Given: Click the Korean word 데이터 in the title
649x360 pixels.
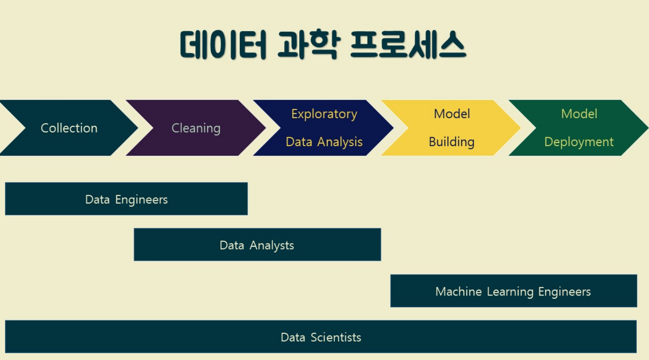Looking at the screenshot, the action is (223, 45).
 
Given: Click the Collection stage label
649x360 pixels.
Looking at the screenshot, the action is (69, 128).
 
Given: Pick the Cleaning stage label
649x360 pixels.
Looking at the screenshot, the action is (196, 128).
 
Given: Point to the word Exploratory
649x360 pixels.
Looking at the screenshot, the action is (324, 114).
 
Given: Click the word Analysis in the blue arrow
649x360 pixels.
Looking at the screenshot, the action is (340, 142).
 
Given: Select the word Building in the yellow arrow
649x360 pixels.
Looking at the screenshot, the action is (451, 142).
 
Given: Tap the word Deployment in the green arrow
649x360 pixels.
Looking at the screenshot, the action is (579, 142).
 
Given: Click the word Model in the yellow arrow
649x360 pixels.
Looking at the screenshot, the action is (452, 114).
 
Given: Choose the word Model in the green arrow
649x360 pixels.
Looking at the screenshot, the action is (579, 114).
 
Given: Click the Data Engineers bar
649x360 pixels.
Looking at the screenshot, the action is (126, 198).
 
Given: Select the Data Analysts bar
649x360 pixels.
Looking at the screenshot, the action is (257, 245).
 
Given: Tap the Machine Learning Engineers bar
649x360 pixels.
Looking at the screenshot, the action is (514, 291).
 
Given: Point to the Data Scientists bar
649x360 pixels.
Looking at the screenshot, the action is (321, 337).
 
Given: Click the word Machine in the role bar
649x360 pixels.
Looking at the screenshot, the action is (459, 291).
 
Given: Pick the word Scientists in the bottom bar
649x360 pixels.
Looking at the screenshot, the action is (336, 337).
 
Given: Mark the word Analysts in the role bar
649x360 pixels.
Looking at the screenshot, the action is (272, 246).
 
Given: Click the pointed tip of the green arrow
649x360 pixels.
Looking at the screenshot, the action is (648, 128).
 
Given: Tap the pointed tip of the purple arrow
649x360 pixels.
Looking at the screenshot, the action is (265, 128).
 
